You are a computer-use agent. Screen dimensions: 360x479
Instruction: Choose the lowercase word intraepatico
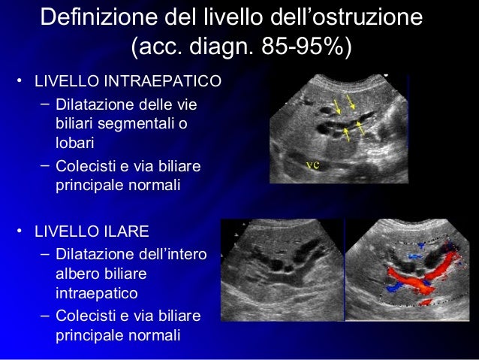tap(95, 290)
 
